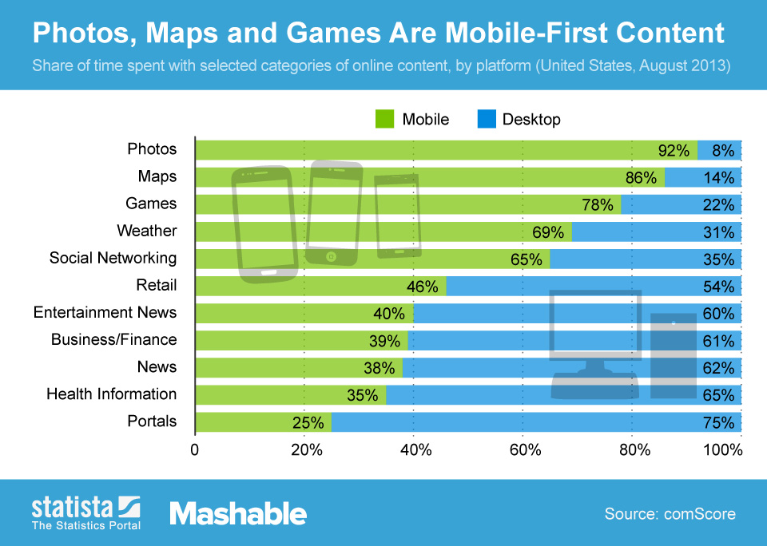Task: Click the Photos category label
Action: pyautogui.click(x=152, y=149)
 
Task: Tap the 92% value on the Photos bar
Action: pyautogui.click(x=674, y=150)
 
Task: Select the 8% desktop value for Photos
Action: pyautogui.click(x=723, y=150)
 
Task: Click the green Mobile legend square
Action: pyautogui.click(x=386, y=119)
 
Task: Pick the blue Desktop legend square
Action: pyautogui.click(x=487, y=119)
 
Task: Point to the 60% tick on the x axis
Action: pyautogui.click(x=523, y=449)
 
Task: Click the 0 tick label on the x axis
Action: pyautogui.click(x=195, y=449)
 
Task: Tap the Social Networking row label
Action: pyautogui.click(x=113, y=258)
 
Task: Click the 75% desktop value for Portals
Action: pyautogui.click(x=718, y=422)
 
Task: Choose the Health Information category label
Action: pyautogui.click(x=111, y=394)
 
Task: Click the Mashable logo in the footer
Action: pyautogui.click(x=237, y=513)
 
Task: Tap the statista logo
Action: pyautogui.click(x=85, y=512)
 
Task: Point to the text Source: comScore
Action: pyautogui.click(x=670, y=513)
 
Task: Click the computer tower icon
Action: pyautogui.click(x=674, y=355)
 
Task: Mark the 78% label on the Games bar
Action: pyautogui.click(x=598, y=204)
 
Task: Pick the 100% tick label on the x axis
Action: pyautogui.click(x=723, y=449)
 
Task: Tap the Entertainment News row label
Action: pyautogui.click(x=105, y=312)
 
